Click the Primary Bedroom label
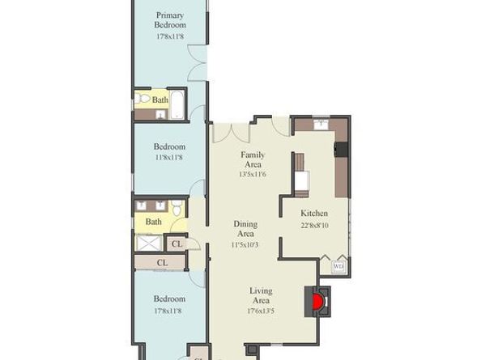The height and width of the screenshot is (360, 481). pos(169,20)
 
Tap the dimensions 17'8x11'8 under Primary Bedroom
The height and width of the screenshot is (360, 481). pos(169,36)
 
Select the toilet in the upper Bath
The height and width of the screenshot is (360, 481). pos(142,99)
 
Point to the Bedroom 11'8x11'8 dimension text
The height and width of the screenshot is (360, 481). pos(169,158)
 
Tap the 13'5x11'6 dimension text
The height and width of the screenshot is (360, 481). pos(253,174)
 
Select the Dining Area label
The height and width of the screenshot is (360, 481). pos(245,229)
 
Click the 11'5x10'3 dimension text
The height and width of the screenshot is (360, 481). pos(245,244)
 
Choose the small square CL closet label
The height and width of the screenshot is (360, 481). pos(177,244)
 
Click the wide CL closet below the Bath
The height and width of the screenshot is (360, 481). pos(161,263)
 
